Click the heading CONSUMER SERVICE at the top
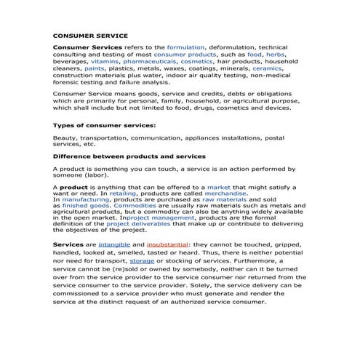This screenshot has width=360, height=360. coord(90,35)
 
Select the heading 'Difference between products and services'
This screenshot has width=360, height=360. coord(129,156)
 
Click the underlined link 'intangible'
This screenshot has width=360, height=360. coord(115,246)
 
